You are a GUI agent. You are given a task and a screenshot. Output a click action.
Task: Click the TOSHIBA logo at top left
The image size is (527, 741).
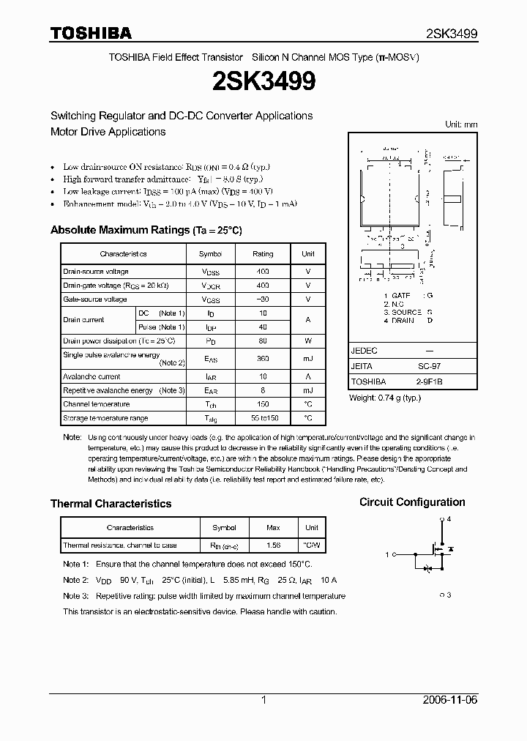pos(91,33)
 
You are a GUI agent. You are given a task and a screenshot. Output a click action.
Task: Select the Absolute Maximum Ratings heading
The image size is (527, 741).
pos(146,230)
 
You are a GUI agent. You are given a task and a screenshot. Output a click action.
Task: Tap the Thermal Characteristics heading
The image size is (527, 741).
pos(111,504)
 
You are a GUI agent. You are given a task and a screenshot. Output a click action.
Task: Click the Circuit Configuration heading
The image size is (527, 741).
pos(412,502)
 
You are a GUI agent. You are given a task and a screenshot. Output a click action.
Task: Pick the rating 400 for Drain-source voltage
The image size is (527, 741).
pos(263,271)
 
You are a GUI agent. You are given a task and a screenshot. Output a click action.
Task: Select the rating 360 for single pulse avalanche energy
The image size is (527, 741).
pos(263,359)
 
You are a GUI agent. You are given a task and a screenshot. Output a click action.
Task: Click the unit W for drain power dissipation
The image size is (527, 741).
pos(308,340)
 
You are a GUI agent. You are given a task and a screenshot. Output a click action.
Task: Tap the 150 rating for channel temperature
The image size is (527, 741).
pos(263,404)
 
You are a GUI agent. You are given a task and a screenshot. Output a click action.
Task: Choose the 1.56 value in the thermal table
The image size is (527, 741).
pos(273,545)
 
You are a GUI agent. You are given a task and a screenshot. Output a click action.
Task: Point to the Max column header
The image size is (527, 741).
pos(273,527)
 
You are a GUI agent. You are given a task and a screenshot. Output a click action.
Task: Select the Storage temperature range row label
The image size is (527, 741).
pos(105,418)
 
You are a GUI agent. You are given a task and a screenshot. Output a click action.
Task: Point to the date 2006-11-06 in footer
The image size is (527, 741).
pos(450,700)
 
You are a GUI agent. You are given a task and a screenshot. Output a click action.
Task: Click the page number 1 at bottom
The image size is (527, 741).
pos(263,700)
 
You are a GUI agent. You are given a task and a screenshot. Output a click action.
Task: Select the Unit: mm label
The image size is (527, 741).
pos(461,124)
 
